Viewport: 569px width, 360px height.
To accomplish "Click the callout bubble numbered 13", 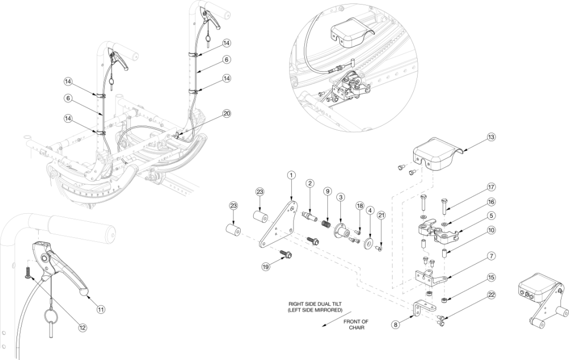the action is coord(492,138).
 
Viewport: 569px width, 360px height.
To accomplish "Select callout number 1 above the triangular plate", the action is coord(291,175).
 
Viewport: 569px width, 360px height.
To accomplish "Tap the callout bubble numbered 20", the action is coord(226,114).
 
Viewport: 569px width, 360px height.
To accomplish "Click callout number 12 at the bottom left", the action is coord(83,328).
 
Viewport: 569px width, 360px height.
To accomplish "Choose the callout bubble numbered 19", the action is coord(265,267).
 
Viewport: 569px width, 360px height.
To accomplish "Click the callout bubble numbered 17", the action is coord(492,188).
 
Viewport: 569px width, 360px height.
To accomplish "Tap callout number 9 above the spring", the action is coord(327,191).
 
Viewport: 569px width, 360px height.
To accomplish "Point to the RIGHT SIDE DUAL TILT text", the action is coord(315,304).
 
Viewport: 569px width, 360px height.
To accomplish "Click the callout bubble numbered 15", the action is coord(492,278).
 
